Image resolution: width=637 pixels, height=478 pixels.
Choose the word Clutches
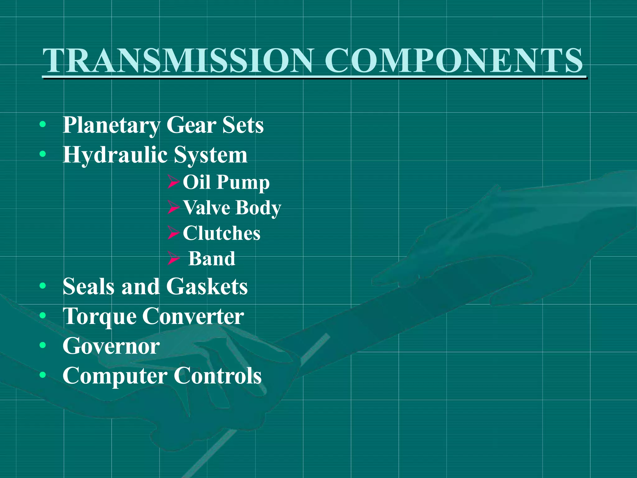(x=221, y=233)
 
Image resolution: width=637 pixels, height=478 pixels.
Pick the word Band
(x=212, y=259)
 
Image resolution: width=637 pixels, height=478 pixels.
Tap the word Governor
(x=111, y=346)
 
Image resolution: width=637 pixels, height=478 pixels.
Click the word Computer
(x=115, y=376)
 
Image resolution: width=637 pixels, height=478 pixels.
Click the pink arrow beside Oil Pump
(x=174, y=182)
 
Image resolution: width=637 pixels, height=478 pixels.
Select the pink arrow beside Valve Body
(x=174, y=208)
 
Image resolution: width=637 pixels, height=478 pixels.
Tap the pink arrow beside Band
(x=174, y=258)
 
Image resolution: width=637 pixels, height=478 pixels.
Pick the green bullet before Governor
(x=43, y=345)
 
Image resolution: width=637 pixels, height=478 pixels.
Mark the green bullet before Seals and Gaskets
(x=43, y=286)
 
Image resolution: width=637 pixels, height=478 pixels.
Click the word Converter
(x=193, y=316)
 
